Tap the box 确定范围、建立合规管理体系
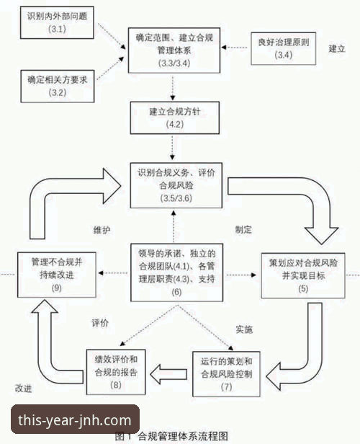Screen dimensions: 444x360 click(x=172, y=50)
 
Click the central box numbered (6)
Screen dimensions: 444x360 click(x=172, y=272)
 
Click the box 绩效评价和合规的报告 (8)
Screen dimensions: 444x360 click(x=116, y=371)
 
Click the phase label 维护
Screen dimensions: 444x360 click(x=102, y=228)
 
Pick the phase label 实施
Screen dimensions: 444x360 click(x=244, y=328)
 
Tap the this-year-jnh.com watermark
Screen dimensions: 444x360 click(x=76, y=420)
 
